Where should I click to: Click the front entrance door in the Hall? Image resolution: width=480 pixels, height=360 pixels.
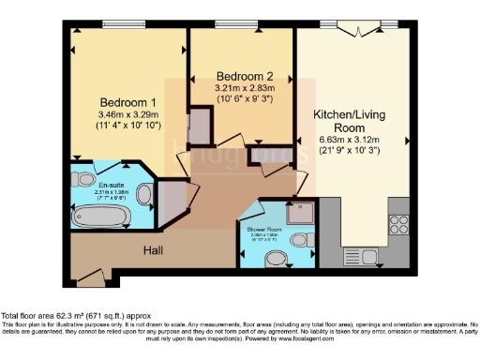pyautogui.click(x=92, y=275)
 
